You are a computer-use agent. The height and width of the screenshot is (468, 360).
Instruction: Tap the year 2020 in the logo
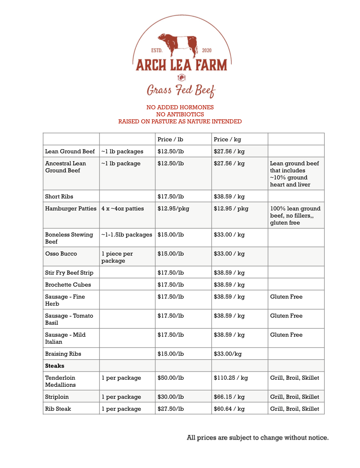tap(207, 50)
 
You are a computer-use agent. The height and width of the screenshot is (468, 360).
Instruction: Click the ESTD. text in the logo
tap(157, 50)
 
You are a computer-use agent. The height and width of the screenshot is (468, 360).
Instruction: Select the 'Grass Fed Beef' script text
tap(181, 90)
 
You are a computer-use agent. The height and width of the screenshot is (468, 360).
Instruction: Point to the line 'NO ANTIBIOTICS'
tap(180, 114)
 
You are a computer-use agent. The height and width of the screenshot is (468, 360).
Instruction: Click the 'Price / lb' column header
tap(170, 139)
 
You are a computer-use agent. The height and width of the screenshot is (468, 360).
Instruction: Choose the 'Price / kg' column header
tap(227, 139)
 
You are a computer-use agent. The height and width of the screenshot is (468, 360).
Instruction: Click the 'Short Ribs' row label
tap(59, 196)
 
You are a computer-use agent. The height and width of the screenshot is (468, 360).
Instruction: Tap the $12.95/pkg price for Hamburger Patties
tap(173, 208)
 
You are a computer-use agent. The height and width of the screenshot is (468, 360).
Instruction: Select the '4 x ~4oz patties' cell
tap(123, 208)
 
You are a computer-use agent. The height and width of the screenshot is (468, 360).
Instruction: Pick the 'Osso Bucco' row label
tap(61, 253)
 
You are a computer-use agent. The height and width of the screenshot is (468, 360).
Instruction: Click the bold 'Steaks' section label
tap(55, 366)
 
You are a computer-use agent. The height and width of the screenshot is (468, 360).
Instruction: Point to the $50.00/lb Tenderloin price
tap(171, 378)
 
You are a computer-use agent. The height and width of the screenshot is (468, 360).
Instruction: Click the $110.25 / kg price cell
tap(231, 378)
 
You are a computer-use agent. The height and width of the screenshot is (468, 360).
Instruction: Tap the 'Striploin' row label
tap(57, 396)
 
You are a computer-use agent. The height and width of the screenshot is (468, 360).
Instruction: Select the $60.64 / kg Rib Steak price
tap(229, 409)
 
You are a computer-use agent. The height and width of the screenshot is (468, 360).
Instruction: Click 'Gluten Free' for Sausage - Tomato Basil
tap(286, 316)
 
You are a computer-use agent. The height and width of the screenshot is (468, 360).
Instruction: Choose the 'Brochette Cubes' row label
tap(68, 284)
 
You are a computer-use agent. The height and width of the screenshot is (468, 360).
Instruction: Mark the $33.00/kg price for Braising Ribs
tap(228, 354)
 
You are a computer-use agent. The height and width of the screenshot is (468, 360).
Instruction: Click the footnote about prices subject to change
tap(258, 437)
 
